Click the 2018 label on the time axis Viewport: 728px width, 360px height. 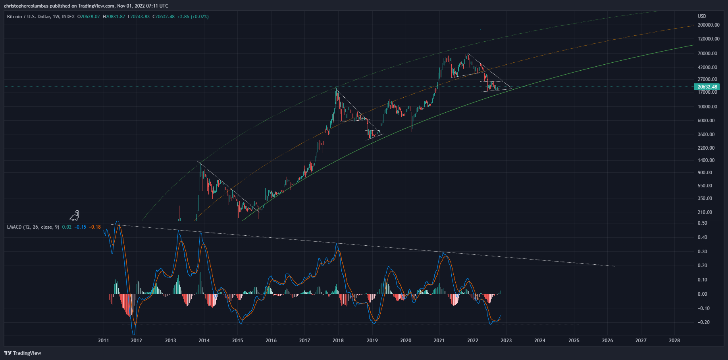[338, 341]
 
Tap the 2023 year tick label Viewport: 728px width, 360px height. [506, 341]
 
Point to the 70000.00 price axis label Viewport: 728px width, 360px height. [708, 54]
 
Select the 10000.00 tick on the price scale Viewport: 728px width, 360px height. [708, 107]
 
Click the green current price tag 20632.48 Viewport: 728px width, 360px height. [707, 87]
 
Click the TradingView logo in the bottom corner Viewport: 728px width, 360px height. [23, 353]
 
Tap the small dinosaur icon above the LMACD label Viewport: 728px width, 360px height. [75, 216]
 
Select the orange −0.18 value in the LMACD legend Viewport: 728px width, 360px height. [95, 227]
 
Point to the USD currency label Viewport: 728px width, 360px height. [702, 16]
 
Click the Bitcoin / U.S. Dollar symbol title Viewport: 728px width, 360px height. [40, 17]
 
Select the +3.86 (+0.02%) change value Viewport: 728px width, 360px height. [193, 17]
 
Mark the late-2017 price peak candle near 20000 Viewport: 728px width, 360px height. [337, 89]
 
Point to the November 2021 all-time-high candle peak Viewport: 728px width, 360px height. [468, 54]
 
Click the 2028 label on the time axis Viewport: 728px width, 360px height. [674, 341]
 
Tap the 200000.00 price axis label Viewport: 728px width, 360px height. [709, 25]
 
